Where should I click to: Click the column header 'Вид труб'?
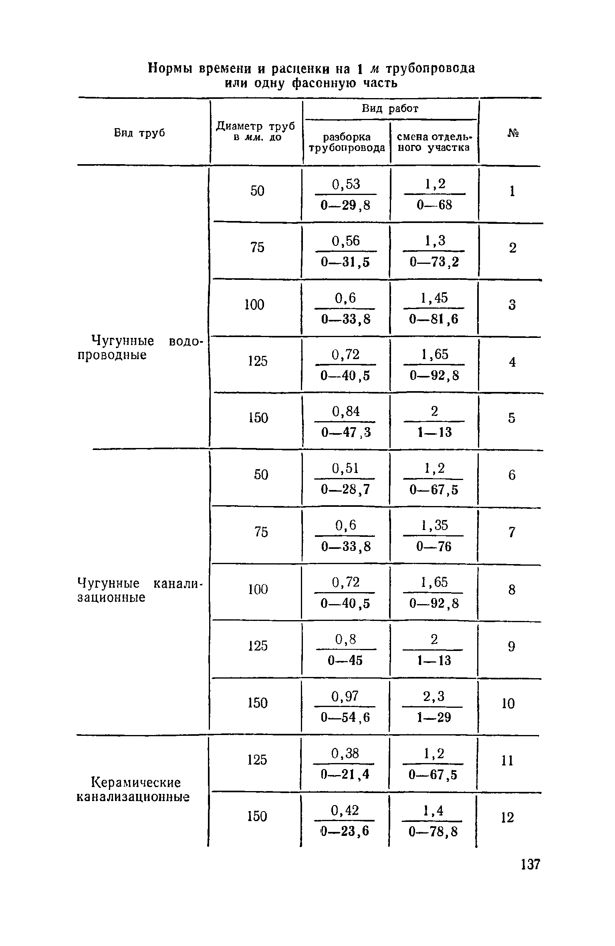click(x=140, y=133)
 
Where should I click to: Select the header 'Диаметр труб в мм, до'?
click(x=256, y=131)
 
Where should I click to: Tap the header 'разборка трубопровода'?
click(x=347, y=142)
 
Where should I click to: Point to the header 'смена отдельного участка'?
click(x=435, y=142)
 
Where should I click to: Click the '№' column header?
click(x=512, y=133)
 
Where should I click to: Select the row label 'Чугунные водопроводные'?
click(x=140, y=348)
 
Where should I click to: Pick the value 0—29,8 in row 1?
click(x=346, y=205)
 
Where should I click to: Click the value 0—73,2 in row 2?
click(x=434, y=262)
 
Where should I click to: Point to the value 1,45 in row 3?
click(x=434, y=298)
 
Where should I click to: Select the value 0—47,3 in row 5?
click(x=346, y=432)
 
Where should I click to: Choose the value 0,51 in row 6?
click(x=346, y=468)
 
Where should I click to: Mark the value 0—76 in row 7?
click(x=434, y=546)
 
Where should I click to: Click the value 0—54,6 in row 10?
click(x=346, y=717)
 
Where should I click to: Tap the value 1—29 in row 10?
click(x=434, y=717)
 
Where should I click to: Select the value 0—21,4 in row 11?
click(x=345, y=775)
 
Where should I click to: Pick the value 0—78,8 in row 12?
click(x=433, y=832)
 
